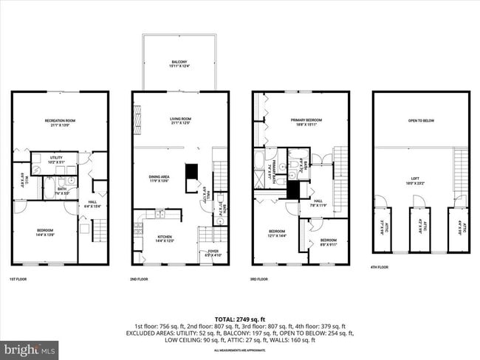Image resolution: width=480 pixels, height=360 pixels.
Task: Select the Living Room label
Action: [x=179, y=120]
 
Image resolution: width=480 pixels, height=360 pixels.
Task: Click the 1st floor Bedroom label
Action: [x=45, y=232]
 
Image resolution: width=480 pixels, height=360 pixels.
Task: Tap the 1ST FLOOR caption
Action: [x=19, y=279]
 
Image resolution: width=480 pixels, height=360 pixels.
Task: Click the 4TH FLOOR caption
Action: [x=379, y=267]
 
